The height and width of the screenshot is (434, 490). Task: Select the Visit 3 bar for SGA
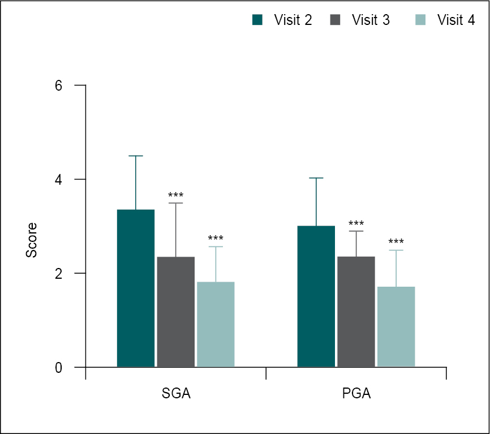pos(175,312)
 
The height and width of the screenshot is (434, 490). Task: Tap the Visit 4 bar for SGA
pos(216,324)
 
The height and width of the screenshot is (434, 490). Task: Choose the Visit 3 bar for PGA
pos(356,312)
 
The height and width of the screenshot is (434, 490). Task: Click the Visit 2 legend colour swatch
pos(257,20)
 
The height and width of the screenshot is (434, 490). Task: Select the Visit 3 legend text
pos(371,20)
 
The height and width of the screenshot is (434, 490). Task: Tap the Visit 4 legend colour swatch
pos(420,20)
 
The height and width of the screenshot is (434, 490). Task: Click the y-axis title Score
pos(32,240)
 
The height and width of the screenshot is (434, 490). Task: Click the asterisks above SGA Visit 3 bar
pos(175,196)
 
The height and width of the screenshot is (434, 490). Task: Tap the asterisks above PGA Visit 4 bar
pos(396,243)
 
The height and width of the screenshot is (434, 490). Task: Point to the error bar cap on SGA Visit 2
pos(136,156)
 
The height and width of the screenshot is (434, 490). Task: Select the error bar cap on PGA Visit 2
pos(316,178)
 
